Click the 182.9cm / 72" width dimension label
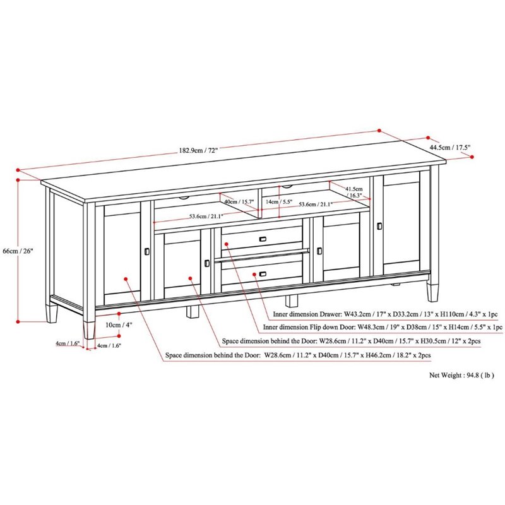coord(199,150)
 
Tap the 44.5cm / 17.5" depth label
coord(450,148)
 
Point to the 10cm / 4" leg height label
coord(119,324)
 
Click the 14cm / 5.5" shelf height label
coord(279,202)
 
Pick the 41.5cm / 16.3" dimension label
coord(354,192)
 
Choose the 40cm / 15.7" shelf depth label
coord(239,202)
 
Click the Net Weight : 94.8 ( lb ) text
coord(461,375)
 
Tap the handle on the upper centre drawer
coord(263,239)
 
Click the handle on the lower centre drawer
coord(263,274)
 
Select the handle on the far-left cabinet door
coord(147,251)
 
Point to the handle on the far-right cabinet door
coord(379,226)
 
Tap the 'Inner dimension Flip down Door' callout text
coord(308,327)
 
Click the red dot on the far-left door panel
coord(126,279)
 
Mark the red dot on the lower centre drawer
coord(254,274)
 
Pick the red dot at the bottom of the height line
coord(18,321)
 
